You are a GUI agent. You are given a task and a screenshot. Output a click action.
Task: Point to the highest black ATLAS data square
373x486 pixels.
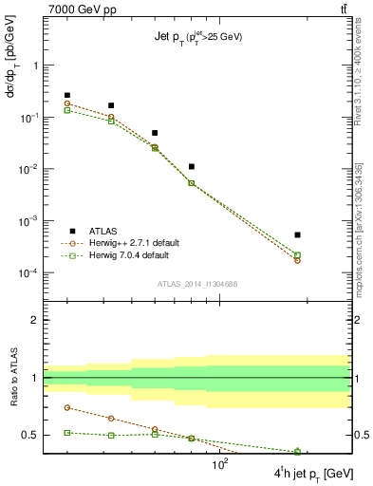67,95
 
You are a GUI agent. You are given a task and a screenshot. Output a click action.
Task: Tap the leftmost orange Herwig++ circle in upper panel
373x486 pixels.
67,103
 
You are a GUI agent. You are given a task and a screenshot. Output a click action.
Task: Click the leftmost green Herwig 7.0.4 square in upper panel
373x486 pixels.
67,111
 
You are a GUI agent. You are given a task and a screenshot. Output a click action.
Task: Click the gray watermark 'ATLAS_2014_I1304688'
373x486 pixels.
196,284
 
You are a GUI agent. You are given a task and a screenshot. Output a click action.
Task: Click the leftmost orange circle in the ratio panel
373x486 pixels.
67,407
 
